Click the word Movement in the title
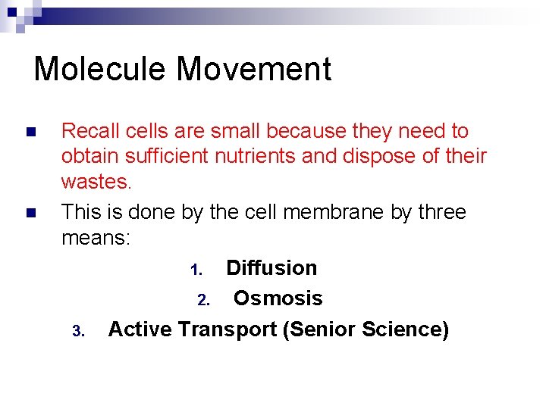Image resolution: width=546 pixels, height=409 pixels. click(254, 69)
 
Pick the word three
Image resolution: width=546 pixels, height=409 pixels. click(441, 212)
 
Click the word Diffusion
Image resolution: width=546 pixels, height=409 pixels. click(271, 268)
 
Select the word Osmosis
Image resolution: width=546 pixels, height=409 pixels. click(278, 298)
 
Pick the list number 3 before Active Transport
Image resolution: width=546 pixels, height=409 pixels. click(77, 331)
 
